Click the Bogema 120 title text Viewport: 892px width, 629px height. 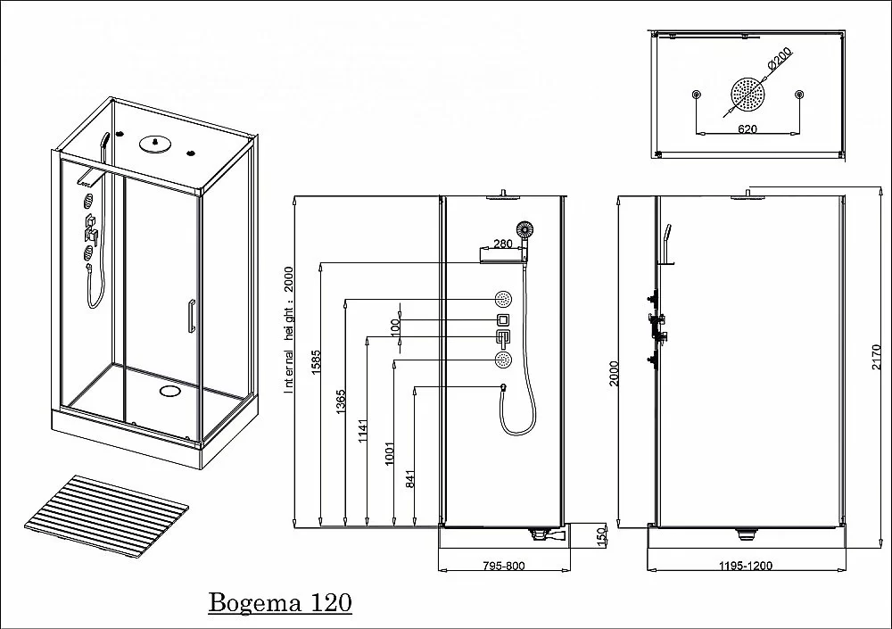coord(280,602)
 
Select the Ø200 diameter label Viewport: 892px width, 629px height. coord(780,59)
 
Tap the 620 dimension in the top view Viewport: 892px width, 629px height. coord(747,128)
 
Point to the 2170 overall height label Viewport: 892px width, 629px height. coord(877,357)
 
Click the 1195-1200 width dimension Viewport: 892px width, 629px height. coord(746,566)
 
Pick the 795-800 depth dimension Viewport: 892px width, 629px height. coord(504,566)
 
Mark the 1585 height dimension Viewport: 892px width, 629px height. coord(317,361)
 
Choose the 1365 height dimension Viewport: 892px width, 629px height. coord(341,401)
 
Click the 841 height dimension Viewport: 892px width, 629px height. coord(410,478)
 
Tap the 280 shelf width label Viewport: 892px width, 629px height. coord(503,244)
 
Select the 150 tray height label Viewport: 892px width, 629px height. coord(600,535)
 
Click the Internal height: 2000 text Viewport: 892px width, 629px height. coord(288,330)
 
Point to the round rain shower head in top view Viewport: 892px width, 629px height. coord(747,93)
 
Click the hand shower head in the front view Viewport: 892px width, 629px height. coord(525,229)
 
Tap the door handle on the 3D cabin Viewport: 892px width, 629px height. coord(192,315)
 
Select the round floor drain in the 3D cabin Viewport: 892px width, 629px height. coord(169,391)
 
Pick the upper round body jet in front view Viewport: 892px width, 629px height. coord(503,298)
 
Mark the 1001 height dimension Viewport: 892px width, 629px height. coord(389,453)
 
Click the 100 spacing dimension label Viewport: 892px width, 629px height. coord(395,327)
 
